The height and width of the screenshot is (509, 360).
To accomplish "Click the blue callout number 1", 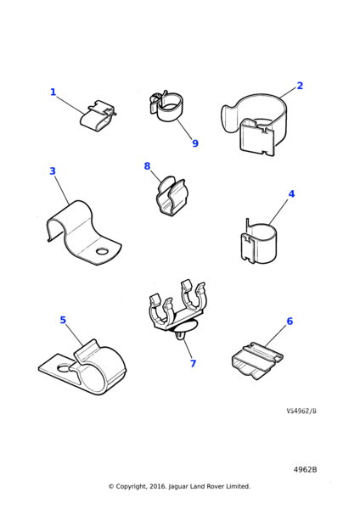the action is point(53,92).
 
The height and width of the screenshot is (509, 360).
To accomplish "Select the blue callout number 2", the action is point(300,86).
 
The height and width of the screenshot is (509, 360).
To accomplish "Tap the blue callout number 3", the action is point(53,171).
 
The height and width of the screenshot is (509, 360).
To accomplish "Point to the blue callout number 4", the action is point(291,193).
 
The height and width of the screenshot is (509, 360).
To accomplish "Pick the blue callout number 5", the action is point(63,320).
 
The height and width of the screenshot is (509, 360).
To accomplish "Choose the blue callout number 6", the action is point(290,321).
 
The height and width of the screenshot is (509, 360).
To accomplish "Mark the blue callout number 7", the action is point(193,364).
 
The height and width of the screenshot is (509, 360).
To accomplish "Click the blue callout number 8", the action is point(147,166).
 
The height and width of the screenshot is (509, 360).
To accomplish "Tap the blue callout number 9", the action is point(195,143).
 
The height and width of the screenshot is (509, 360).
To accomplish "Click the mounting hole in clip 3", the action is point(103,251).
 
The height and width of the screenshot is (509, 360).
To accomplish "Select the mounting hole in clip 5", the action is point(64,368).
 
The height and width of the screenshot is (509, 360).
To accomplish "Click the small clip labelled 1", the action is point(98,116).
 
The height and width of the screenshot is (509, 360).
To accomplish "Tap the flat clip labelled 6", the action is point(257,361).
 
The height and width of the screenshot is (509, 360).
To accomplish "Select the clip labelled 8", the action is point(171,197).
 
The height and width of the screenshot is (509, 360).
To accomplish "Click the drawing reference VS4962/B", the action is point(301,411).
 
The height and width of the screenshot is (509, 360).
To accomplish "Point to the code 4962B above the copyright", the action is point(305,470).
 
